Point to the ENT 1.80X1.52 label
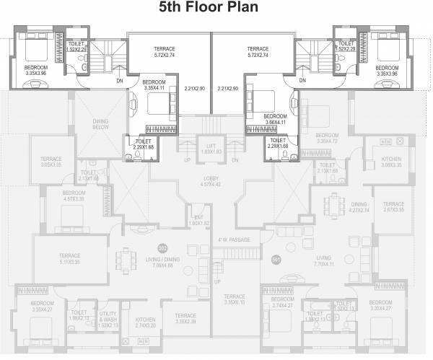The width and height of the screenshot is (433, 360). (196, 219)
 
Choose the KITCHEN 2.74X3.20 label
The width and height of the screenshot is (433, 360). (146, 322)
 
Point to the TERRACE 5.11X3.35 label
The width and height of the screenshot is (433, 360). (69, 258)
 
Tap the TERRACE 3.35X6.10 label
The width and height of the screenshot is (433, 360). (234, 299)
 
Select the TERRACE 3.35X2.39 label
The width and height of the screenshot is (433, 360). (185, 318)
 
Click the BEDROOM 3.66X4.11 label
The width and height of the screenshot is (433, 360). (274, 118)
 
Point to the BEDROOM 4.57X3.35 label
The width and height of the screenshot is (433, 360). (72, 196)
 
